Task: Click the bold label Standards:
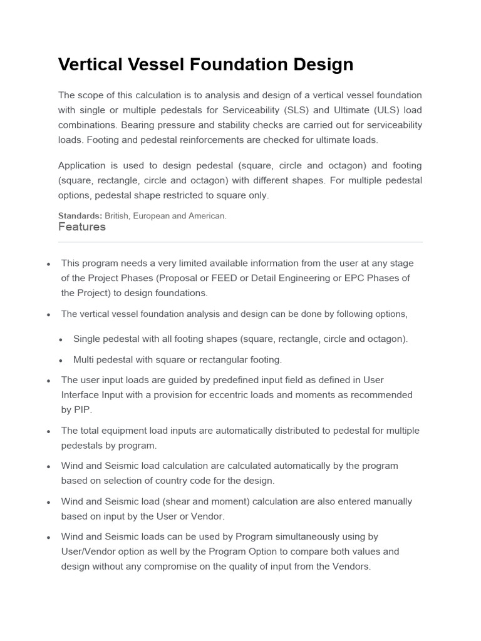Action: coord(80,216)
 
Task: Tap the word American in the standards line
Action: coord(207,216)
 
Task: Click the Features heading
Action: coord(82,227)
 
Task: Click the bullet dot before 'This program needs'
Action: coord(48,264)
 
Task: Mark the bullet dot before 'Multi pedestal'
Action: coord(61,361)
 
